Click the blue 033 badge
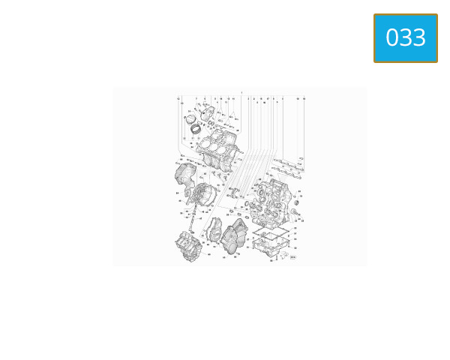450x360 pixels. click(x=405, y=38)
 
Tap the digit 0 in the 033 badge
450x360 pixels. click(x=392, y=38)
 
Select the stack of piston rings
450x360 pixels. click(x=196, y=129)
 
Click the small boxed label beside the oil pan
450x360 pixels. click(x=292, y=257)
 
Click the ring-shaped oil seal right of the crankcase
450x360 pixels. click(x=295, y=202)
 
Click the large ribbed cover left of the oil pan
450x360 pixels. click(x=235, y=236)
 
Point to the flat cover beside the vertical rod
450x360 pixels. click(x=212, y=228)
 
